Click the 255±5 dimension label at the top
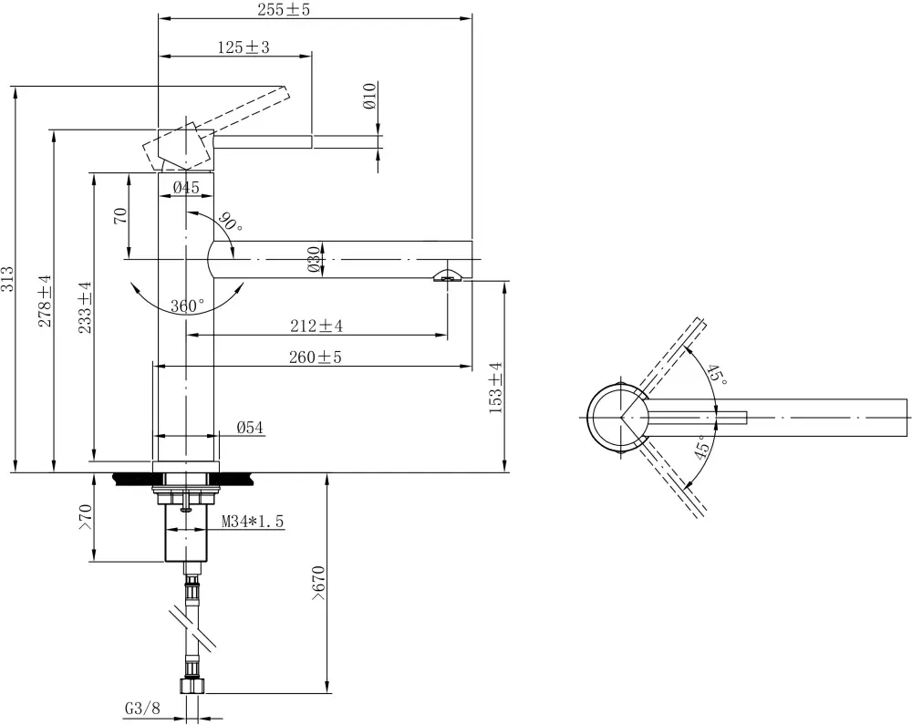click(x=285, y=9)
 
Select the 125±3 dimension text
click(x=244, y=47)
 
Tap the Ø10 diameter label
click(x=370, y=96)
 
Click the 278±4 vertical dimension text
click(x=45, y=301)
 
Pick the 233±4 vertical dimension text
click(x=85, y=307)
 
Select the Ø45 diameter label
click(x=186, y=187)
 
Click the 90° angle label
click(x=231, y=222)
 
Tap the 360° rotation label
click(x=187, y=306)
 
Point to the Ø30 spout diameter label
click(x=313, y=259)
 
